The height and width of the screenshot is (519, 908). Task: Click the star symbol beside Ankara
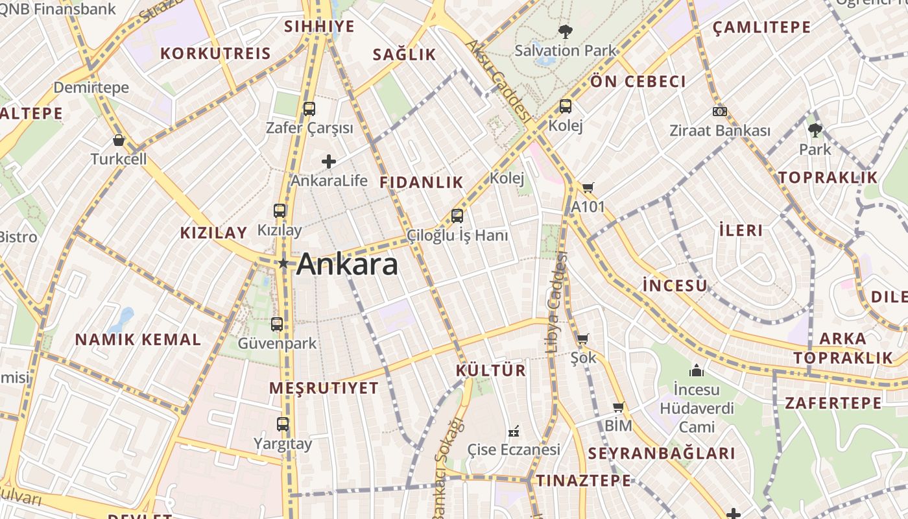click(x=283, y=263)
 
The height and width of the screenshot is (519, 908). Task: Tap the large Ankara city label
click(x=347, y=265)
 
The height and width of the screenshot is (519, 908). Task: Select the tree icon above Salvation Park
click(x=566, y=31)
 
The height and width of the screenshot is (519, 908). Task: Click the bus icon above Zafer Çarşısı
click(x=309, y=108)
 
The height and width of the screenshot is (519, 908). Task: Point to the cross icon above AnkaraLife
click(x=329, y=161)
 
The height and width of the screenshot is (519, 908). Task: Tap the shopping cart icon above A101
click(x=588, y=188)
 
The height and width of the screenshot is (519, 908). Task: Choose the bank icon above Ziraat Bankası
click(x=719, y=112)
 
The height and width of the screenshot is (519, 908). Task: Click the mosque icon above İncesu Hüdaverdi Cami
click(x=697, y=370)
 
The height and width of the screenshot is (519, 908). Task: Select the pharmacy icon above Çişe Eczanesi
click(x=514, y=431)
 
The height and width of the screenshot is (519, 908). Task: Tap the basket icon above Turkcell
click(x=119, y=139)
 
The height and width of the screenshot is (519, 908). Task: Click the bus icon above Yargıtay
click(x=283, y=424)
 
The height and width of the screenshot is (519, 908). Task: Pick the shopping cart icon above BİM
click(x=618, y=407)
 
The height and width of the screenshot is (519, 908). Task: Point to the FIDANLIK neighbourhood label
click(x=422, y=182)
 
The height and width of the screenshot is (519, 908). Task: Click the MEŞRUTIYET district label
click(x=324, y=388)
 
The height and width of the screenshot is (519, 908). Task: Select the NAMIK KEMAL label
click(x=138, y=339)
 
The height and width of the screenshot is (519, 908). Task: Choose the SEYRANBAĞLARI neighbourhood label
click(x=662, y=453)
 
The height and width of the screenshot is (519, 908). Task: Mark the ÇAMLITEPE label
click(x=761, y=27)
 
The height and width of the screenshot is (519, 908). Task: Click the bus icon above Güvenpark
click(x=277, y=324)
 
